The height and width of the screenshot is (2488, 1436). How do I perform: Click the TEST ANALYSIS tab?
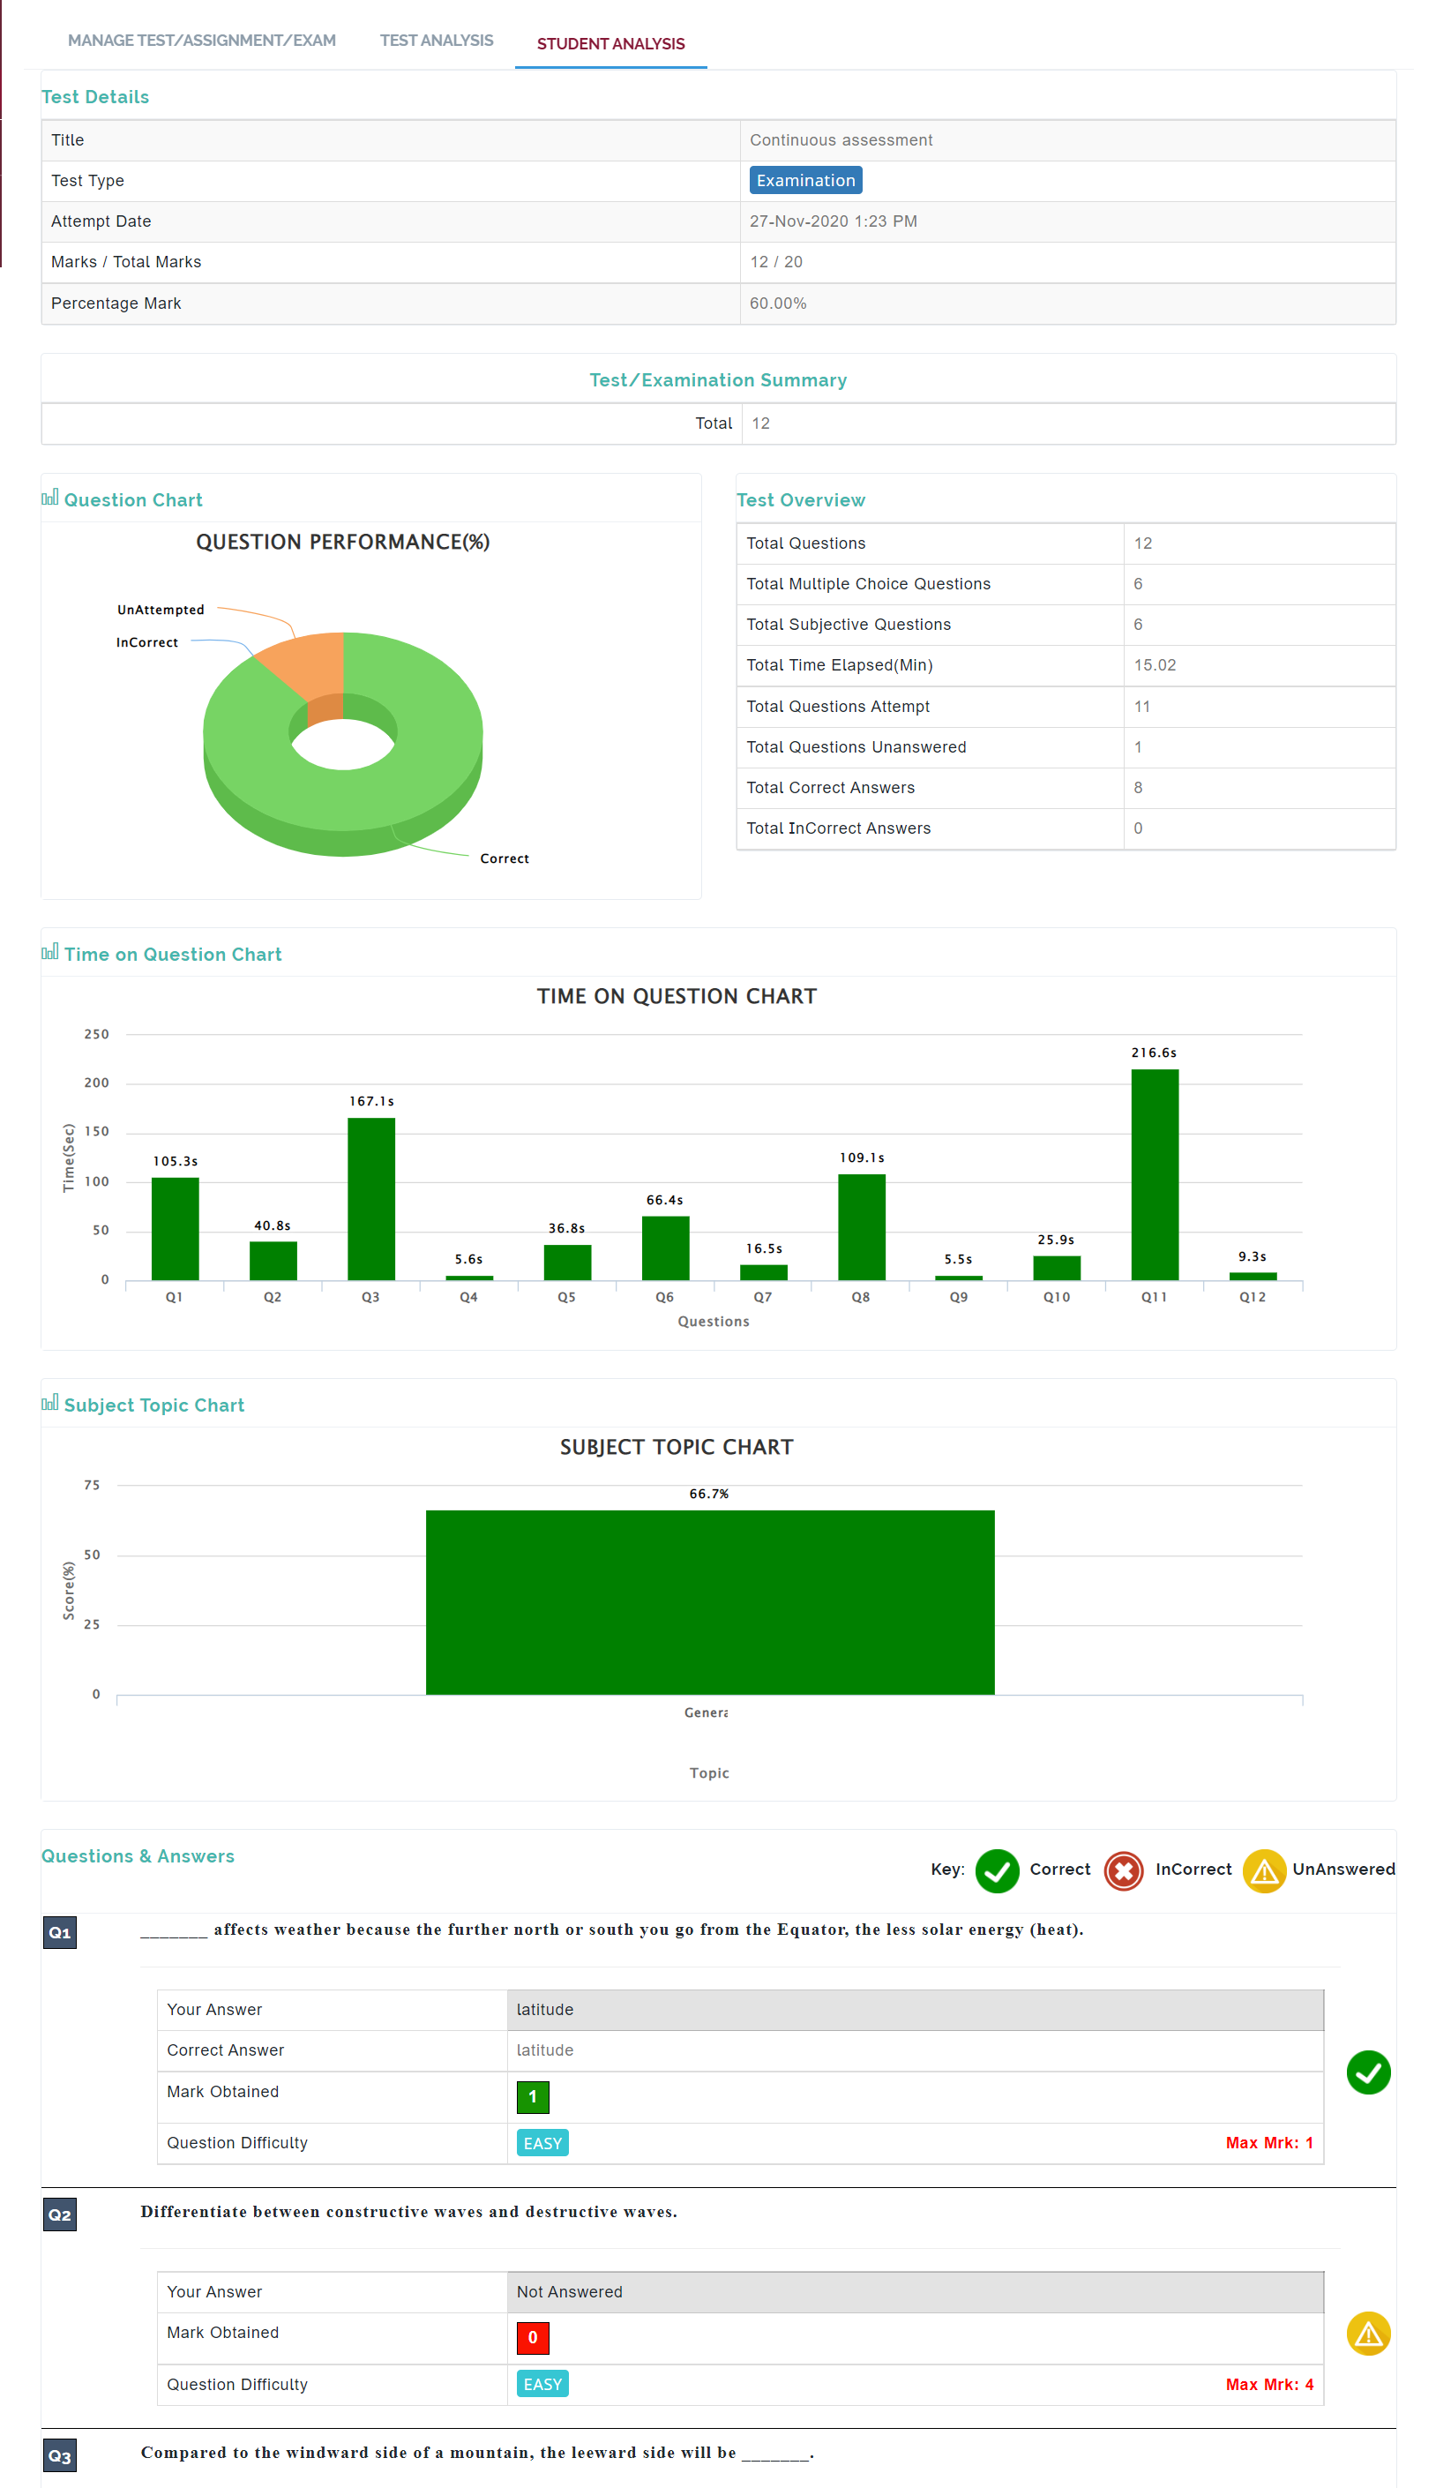[x=436, y=41]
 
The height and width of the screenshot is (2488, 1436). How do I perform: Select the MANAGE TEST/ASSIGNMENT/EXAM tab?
[x=201, y=41]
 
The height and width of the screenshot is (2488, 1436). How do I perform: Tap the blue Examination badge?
[x=804, y=181]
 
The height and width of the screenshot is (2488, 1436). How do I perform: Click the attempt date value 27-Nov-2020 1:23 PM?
[x=833, y=221]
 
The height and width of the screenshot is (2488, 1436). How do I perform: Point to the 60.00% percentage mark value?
[x=777, y=303]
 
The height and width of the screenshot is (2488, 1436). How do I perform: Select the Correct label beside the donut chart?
[x=504, y=858]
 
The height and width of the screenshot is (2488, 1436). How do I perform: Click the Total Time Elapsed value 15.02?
[x=1154, y=665]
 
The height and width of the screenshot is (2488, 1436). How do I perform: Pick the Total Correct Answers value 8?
[x=1137, y=787]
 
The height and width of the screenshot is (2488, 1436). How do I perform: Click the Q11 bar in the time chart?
[x=1154, y=1174]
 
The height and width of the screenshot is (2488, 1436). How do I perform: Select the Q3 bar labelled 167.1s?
[x=370, y=1199]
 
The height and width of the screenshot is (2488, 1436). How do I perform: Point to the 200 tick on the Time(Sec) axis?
[x=97, y=1083]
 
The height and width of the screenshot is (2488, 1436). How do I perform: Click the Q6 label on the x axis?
[x=665, y=1296]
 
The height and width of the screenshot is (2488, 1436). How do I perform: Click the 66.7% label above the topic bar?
[x=708, y=1494]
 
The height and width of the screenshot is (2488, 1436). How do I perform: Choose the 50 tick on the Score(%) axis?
[x=92, y=1555]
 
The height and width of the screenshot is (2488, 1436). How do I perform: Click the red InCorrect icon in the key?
[x=1122, y=1870]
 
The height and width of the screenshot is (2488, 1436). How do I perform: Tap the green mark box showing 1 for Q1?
[x=533, y=2096]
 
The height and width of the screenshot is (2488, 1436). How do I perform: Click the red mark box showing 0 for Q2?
[x=533, y=2337]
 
